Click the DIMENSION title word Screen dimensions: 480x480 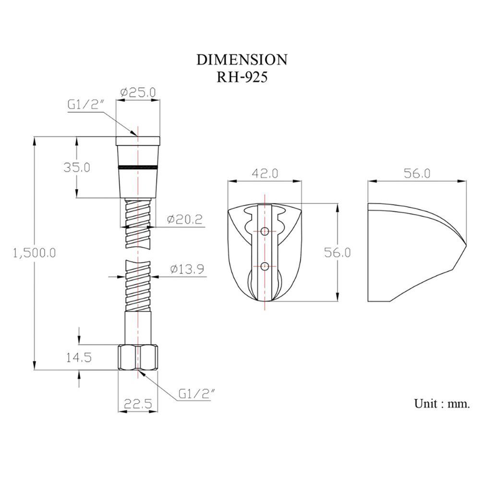pyautogui.click(x=242, y=60)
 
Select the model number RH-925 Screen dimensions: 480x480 pyautogui.click(x=242, y=77)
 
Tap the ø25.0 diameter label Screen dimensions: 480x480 pyautogui.click(x=138, y=92)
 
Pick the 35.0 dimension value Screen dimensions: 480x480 pyautogui.click(x=76, y=168)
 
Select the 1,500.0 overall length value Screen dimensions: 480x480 pyautogui.click(x=34, y=253)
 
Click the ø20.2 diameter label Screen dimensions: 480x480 pyautogui.click(x=185, y=219)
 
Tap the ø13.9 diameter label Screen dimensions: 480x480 pyautogui.click(x=187, y=269)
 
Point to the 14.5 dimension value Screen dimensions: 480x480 pyautogui.click(x=79, y=357)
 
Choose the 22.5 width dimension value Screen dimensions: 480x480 pyautogui.click(x=138, y=404)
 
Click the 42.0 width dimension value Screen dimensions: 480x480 pyautogui.click(x=265, y=174)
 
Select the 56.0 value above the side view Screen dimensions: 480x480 pyautogui.click(x=417, y=174)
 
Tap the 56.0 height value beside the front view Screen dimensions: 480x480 pyautogui.click(x=337, y=252)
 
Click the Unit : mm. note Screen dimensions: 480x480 pyautogui.click(x=442, y=404)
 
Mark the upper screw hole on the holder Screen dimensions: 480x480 pyautogui.click(x=265, y=232)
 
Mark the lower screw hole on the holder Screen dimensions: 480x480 pyautogui.click(x=265, y=266)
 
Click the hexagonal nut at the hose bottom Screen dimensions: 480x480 pyautogui.click(x=138, y=357)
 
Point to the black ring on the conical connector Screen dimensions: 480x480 pyautogui.click(x=138, y=167)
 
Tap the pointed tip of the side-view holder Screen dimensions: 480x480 pyautogui.click(x=466, y=245)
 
